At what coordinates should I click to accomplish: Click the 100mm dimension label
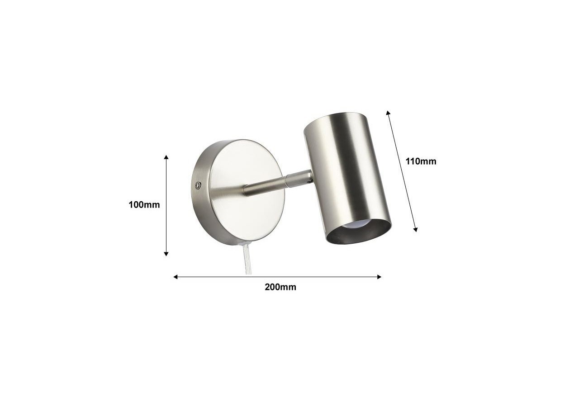point(144,205)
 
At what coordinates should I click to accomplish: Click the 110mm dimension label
point(421,161)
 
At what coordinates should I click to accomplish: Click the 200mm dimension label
point(280,287)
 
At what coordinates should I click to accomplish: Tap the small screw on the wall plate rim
point(198,185)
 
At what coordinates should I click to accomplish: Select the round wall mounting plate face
point(247,190)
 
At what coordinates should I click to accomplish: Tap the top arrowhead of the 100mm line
point(166,157)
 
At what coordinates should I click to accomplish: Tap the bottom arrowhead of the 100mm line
point(166,254)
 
